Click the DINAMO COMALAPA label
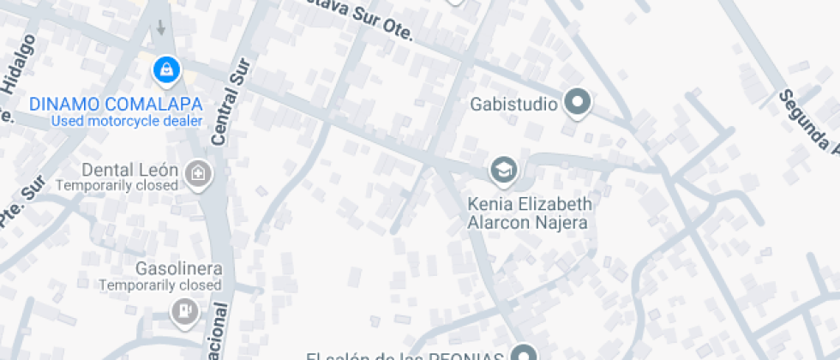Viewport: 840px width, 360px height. (116, 105)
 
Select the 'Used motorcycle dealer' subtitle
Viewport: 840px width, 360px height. (126, 121)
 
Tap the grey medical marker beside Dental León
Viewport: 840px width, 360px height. (199, 174)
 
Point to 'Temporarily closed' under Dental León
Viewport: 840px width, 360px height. (117, 184)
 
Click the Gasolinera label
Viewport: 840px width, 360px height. (178, 269)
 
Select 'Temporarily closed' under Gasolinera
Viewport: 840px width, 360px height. (160, 285)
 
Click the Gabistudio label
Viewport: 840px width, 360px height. (514, 105)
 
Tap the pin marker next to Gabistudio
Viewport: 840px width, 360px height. (579, 104)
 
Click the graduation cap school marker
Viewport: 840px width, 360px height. (504, 170)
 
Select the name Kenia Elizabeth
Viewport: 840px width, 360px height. (530, 205)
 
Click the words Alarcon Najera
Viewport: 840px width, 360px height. (526, 223)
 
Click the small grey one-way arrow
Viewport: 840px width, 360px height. (160, 27)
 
